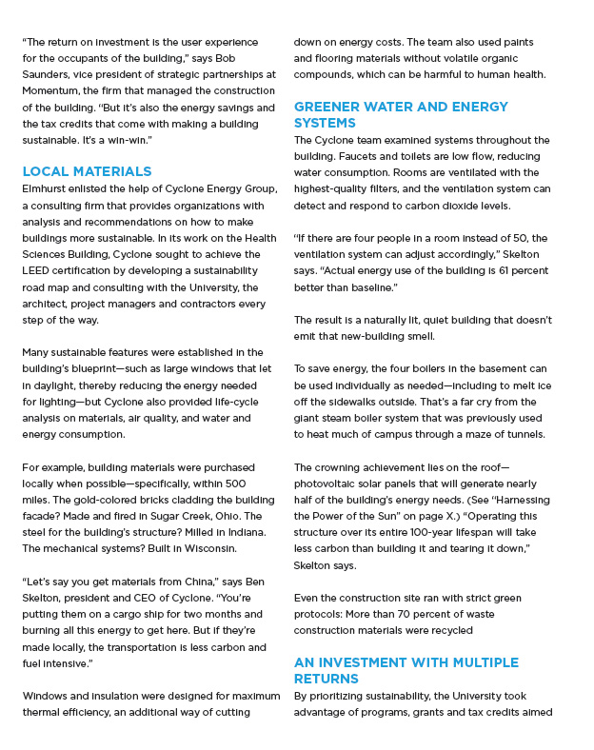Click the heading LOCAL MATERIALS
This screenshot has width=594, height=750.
(87, 171)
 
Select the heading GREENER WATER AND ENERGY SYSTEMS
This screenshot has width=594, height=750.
(401, 115)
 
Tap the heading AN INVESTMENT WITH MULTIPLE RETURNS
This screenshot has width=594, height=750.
(406, 670)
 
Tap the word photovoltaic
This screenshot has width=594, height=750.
(329, 484)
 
